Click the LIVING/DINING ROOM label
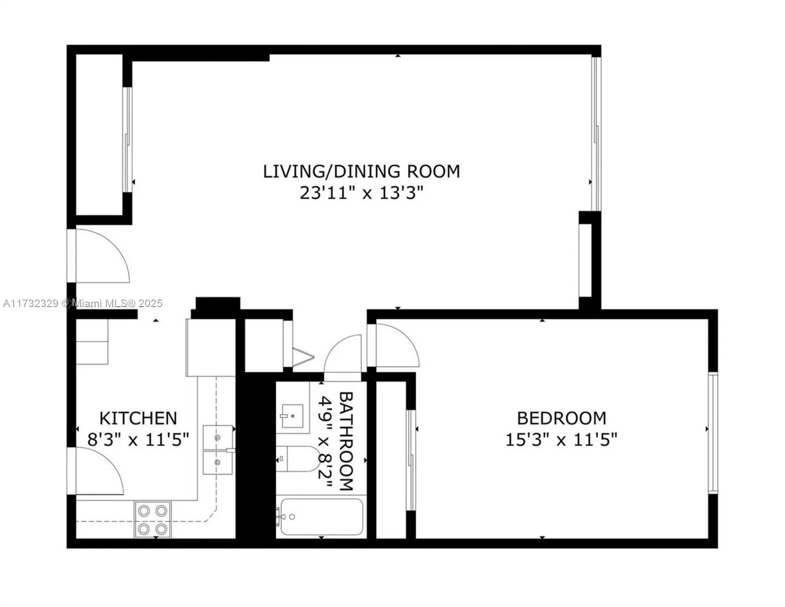[361, 171]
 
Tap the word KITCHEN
[138, 418]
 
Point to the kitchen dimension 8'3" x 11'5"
[138, 440]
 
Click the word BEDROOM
[562, 418]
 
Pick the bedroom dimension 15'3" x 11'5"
[562, 440]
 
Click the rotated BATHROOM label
[346, 441]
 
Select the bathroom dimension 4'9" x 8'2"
[325, 442]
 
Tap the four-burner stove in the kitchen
[153, 519]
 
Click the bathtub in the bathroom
[321, 517]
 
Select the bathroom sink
[292, 416]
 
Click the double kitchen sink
[218, 450]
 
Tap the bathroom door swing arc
[334, 347]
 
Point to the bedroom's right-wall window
[713, 433]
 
